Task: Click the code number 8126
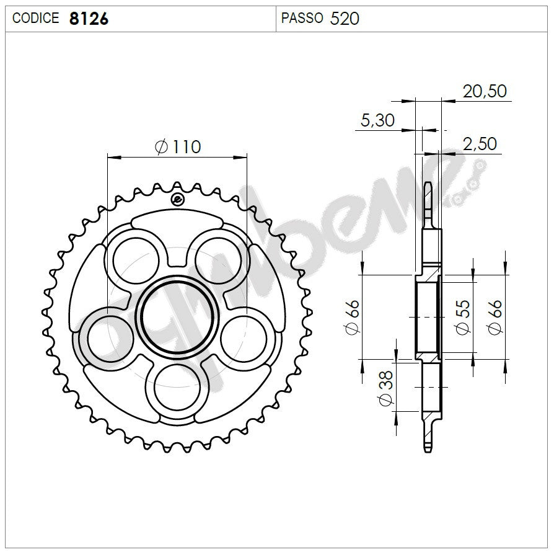coord(89,19)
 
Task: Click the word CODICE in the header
coord(35,19)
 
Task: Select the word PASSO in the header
coord(302,19)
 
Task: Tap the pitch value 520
coord(345,19)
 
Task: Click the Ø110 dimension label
coord(178,147)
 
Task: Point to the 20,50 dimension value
coord(485,91)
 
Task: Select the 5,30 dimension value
coord(377,120)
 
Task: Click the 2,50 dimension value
coord(480,144)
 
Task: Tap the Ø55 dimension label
coord(462,317)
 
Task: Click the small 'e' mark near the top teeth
coord(177,200)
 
